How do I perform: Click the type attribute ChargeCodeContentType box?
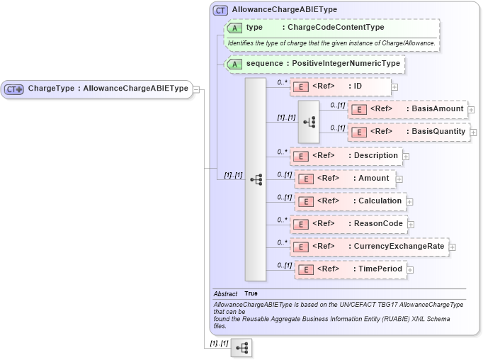click(331, 28)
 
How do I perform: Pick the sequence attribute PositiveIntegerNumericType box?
click(314, 64)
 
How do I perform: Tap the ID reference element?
click(340, 86)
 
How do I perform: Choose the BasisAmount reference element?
click(408, 109)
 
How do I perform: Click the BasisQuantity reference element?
click(408, 132)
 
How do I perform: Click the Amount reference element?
click(344, 178)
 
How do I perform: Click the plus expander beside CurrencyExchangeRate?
click(453, 247)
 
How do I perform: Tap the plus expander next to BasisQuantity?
click(473, 133)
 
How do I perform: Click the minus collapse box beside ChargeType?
click(197, 89)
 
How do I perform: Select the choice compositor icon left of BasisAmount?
click(309, 121)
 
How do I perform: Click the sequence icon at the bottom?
click(241, 348)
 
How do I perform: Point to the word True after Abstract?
click(251, 293)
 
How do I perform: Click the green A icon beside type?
click(234, 28)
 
